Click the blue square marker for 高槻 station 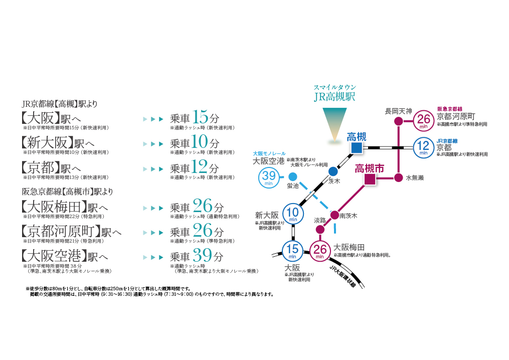[357, 147]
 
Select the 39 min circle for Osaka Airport [269, 177]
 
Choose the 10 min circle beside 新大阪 [293, 213]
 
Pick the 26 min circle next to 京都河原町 [424, 121]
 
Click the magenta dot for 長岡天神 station [398, 121]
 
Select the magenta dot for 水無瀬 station [398, 177]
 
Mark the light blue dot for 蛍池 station [293, 176]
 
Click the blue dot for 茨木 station [333, 171]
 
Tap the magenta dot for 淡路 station [320, 229]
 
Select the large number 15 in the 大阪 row [200, 118]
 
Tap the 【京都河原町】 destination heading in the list [61, 231]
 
